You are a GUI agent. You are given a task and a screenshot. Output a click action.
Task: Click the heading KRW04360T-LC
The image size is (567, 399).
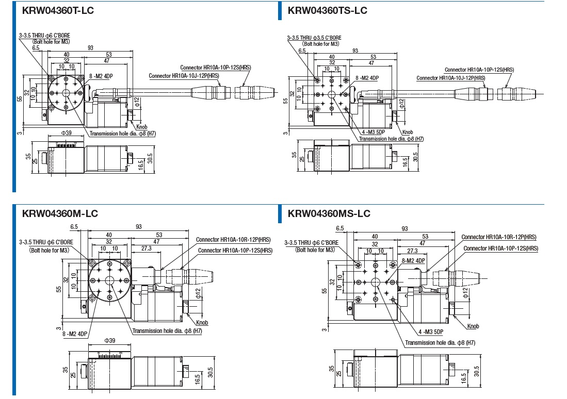(x=58, y=10)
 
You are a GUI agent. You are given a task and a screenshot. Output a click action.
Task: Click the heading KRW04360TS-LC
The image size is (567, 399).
(x=327, y=10)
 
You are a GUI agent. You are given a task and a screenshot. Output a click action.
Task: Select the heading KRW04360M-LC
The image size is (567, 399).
(x=60, y=213)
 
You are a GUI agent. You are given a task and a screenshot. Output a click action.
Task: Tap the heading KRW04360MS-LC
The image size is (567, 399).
(x=329, y=213)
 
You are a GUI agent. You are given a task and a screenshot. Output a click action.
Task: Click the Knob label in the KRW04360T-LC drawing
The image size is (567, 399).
(x=141, y=126)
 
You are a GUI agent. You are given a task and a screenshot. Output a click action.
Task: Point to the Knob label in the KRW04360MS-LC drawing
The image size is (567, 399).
(x=473, y=326)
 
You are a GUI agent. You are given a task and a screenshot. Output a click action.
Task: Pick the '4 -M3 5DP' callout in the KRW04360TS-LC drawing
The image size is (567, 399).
(x=372, y=132)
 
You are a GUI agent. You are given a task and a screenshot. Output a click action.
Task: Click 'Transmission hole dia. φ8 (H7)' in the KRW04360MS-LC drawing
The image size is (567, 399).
(x=440, y=342)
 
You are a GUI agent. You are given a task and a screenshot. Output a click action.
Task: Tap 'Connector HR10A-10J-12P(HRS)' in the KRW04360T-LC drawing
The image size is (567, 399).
(x=184, y=76)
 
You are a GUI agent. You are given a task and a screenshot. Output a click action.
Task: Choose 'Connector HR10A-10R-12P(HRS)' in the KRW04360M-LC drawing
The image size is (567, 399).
(x=233, y=239)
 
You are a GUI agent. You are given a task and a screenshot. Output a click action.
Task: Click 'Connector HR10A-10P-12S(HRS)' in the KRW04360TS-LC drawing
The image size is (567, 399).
(x=479, y=70)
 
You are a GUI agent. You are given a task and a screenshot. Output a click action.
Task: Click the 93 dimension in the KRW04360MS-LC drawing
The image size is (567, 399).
(x=404, y=228)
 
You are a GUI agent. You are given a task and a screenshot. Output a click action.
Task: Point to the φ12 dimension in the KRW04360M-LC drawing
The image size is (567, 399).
(x=198, y=293)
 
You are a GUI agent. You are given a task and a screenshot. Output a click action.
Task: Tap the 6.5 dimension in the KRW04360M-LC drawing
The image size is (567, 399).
(x=74, y=227)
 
